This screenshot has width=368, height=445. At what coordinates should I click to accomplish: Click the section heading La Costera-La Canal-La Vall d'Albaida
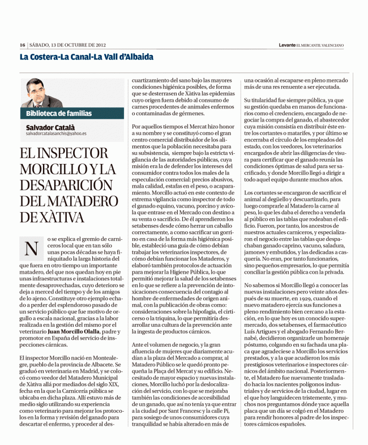87,58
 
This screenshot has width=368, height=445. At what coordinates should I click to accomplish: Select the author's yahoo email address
56,133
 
